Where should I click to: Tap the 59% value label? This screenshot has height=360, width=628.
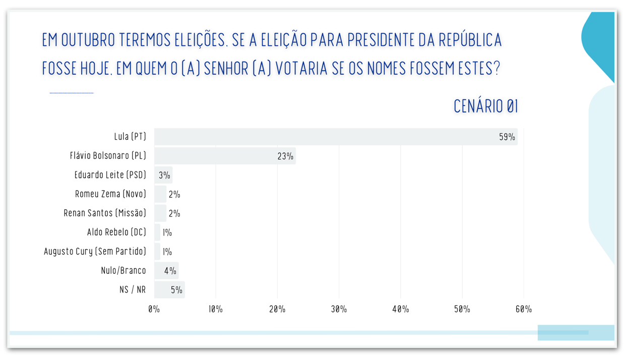(x=507, y=137)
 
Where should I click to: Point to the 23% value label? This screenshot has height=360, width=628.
(x=285, y=156)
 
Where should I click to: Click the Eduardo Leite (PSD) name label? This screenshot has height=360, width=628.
(x=110, y=175)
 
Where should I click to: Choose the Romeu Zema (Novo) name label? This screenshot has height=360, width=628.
(x=110, y=194)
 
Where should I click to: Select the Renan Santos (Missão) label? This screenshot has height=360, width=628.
(x=105, y=213)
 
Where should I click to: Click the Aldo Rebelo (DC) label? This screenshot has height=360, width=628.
(x=116, y=232)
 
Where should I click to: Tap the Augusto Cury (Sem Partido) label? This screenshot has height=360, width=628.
(x=95, y=251)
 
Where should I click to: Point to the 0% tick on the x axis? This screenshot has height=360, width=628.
(x=154, y=309)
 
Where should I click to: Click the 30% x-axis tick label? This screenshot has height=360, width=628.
(x=339, y=309)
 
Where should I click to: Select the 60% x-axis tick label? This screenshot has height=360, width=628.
(x=524, y=309)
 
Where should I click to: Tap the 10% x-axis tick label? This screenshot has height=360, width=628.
(x=216, y=309)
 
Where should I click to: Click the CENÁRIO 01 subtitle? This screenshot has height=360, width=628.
(x=486, y=106)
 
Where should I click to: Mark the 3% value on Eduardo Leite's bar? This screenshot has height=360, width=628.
(x=164, y=175)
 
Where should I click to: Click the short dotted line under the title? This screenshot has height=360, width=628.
(x=72, y=93)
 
